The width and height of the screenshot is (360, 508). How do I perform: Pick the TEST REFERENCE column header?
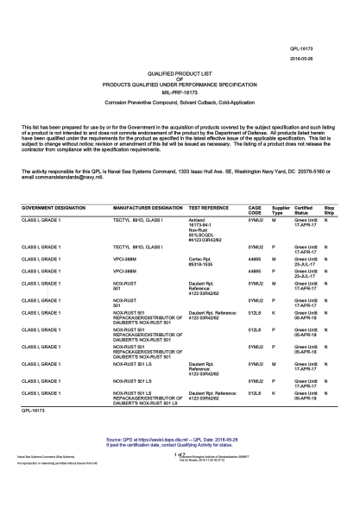pyautogui.click(x=208, y=209)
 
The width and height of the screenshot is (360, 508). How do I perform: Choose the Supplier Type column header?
pyautogui.click(x=281, y=211)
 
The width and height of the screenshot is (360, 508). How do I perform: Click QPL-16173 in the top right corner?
pyautogui.click(x=325, y=48)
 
